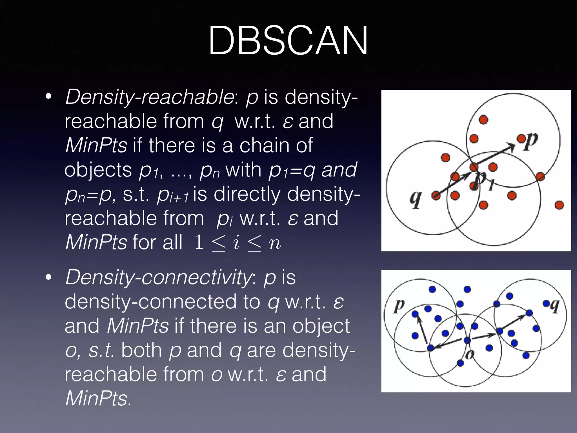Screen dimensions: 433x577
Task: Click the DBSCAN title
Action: (288, 41)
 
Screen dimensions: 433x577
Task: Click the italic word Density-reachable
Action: (149, 97)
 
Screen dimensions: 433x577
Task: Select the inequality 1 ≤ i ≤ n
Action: (238, 242)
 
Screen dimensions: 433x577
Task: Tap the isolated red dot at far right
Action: (559, 205)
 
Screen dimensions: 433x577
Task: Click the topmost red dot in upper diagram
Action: (483, 120)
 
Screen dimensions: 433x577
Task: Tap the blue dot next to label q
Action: (546, 303)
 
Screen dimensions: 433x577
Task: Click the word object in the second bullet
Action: (321, 326)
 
